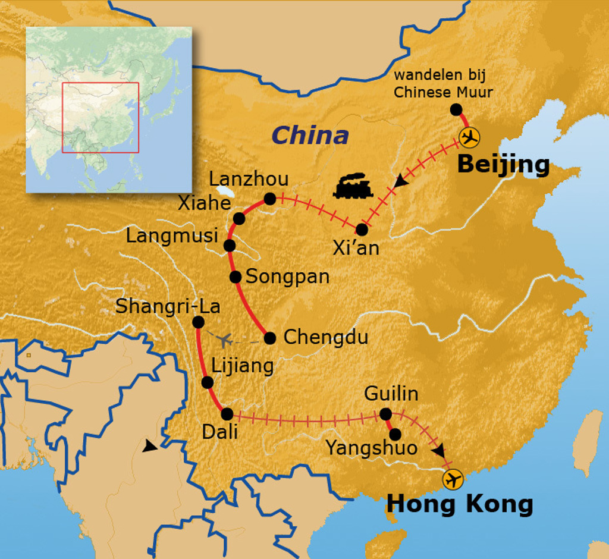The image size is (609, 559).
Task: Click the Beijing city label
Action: [503, 165]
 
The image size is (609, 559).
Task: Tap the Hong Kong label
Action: [460, 504]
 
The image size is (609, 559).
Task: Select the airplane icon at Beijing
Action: [470, 137]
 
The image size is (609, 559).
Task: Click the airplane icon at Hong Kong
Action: [453, 479]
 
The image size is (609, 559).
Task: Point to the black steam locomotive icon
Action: [353, 186]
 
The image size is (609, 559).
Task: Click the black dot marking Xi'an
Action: [362, 230]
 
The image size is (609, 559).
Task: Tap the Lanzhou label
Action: [249, 178]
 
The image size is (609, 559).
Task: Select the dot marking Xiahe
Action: [239, 218]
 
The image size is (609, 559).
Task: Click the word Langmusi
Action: [172, 236]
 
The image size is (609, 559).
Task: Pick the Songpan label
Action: [287, 277]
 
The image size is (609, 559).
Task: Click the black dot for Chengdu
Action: [270, 338]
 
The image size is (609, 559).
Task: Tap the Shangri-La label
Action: [168, 307]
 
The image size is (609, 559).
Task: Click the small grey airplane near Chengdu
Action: [224, 341]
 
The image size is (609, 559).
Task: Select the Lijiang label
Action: [243, 366]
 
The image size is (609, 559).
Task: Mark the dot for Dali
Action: [227, 414]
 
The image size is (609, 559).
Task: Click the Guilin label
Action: [391, 394]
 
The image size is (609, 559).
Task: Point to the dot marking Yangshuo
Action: [395, 434]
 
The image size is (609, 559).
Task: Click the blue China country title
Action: [310, 136]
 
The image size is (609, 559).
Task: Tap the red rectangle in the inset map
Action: [101, 118]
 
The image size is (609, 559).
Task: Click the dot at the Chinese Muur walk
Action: [456, 109]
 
